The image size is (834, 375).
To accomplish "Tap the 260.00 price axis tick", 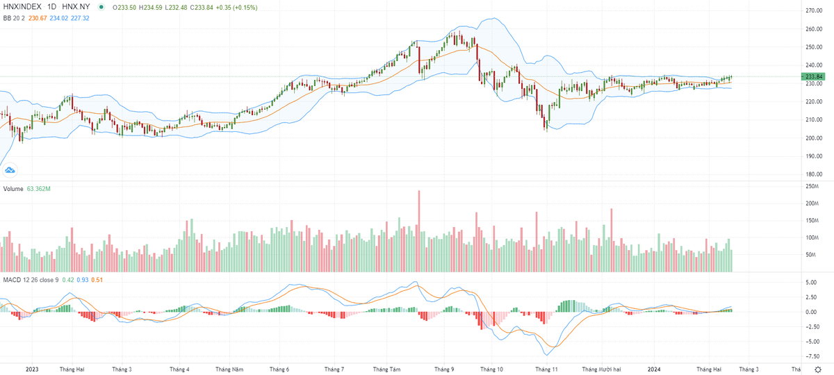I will pos(813,29).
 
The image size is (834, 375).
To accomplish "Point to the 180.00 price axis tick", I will pos(813,174).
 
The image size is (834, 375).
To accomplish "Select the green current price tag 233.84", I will pos(813,76).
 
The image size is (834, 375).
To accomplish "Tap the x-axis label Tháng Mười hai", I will pos(601,369).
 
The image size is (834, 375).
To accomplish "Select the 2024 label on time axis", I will pos(655,369).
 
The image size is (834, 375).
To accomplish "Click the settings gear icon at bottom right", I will pos(817,369).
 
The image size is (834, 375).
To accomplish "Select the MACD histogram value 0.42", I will pos(67,281).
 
